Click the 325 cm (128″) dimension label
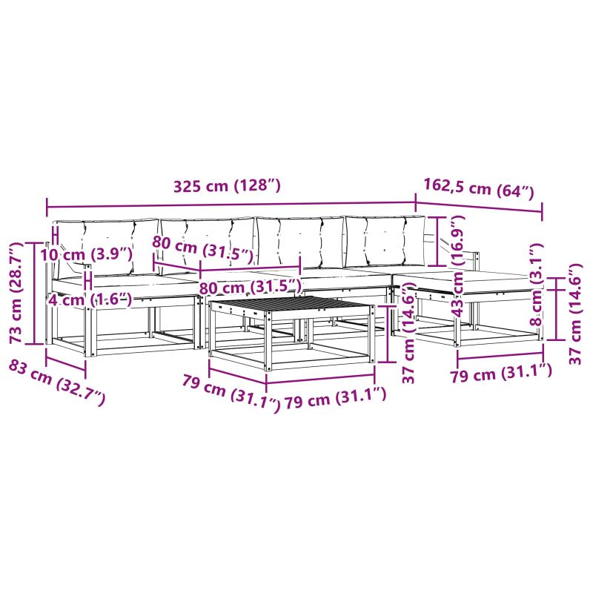[x=227, y=186]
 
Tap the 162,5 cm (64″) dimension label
[x=479, y=188]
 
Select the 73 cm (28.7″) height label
[x=17, y=293]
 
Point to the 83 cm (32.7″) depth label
[x=57, y=382]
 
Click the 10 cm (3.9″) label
[x=87, y=254]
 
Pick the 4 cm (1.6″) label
[x=90, y=299]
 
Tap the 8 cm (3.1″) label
[x=536, y=284]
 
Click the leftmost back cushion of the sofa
[x=107, y=246]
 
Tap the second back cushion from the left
[x=208, y=242]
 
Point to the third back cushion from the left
[x=300, y=242]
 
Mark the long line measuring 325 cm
[x=231, y=205]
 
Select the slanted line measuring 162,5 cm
[x=479, y=207]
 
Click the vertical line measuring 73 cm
[x=34, y=293]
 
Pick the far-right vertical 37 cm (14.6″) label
[x=574, y=314]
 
